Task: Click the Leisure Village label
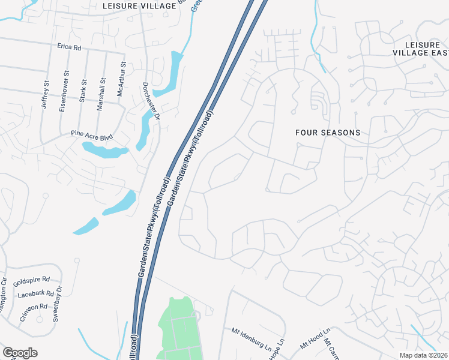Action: point(139,6)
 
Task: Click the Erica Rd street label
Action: point(69,47)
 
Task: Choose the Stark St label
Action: point(83,90)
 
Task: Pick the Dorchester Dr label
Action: point(150,100)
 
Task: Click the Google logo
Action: point(20,353)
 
